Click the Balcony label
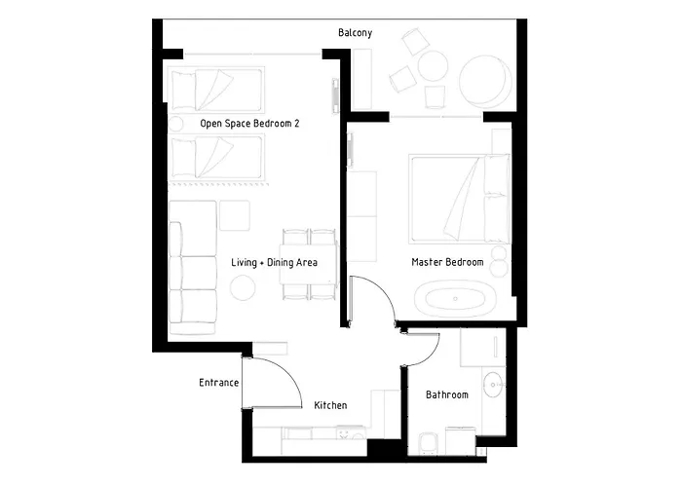click(x=355, y=33)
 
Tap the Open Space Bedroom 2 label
click(x=249, y=124)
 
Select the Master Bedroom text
click(x=447, y=262)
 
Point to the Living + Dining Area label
click(x=274, y=263)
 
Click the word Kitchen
click(x=330, y=405)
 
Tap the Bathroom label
click(x=447, y=394)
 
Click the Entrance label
click(x=219, y=383)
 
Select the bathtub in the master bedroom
click(x=455, y=299)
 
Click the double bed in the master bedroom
click(x=459, y=199)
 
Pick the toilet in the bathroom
click(x=429, y=443)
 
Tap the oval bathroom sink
click(x=494, y=385)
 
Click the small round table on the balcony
click(x=433, y=66)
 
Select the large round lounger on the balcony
click(x=485, y=81)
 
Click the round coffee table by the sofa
click(x=243, y=288)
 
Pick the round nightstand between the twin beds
click(x=175, y=124)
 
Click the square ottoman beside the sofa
click(x=235, y=215)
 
